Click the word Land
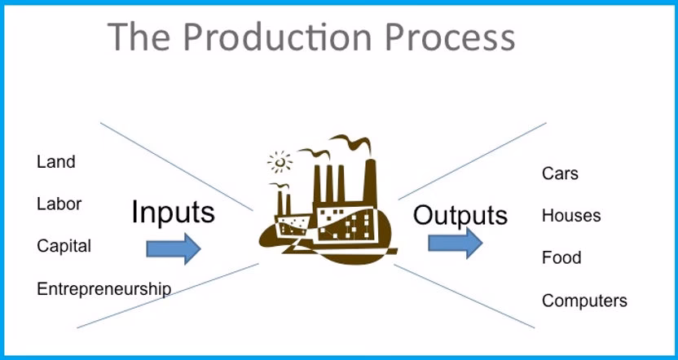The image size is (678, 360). click(x=55, y=161)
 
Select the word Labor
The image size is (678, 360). click(x=59, y=204)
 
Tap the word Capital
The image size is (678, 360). click(x=64, y=246)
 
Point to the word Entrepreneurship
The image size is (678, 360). click(x=103, y=288)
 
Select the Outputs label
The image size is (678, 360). click(x=460, y=215)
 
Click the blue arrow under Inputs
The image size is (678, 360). click(x=173, y=248)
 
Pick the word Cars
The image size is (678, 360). click(x=560, y=173)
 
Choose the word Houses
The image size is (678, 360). click(x=570, y=216)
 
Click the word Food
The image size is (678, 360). click(x=561, y=258)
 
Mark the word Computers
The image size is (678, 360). click(x=584, y=301)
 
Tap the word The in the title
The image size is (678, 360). click(x=139, y=36)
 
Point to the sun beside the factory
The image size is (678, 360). click(x=280, y=161)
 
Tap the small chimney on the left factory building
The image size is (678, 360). click(x=283, y=200)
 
